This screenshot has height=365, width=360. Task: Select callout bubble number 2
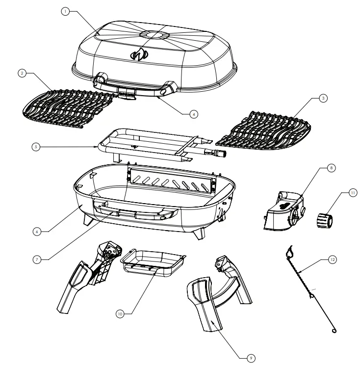pos(22,73)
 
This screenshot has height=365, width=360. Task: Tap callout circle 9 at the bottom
pos(251,359)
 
